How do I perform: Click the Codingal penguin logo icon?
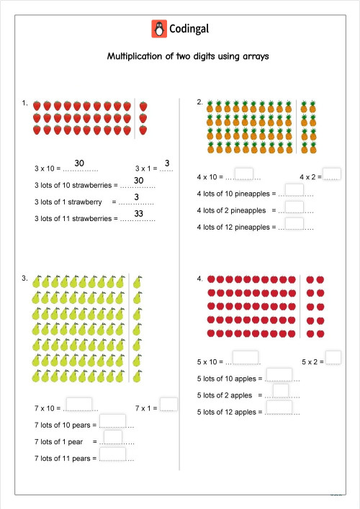[158, 29]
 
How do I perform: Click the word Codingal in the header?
[189, 29]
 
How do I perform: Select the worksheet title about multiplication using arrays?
[187, 56]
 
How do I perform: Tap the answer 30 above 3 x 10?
[80, 163]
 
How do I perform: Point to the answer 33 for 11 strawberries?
[140, 213]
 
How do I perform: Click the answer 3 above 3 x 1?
[166, 163]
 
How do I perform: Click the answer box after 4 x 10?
[245, 174]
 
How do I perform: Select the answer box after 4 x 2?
[332, 174]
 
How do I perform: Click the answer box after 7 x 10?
[79, 405]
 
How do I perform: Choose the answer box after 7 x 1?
[168, 405]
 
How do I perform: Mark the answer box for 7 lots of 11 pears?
[112, 454]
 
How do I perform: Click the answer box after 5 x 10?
[246, 357]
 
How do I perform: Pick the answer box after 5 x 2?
[333, 357]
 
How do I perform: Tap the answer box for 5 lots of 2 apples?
[281, 391]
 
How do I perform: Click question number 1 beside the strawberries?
[24, 104]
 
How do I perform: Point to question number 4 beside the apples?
[199, 278]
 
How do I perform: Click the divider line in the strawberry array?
[135, 117]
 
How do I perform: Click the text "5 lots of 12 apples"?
[226, 412]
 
